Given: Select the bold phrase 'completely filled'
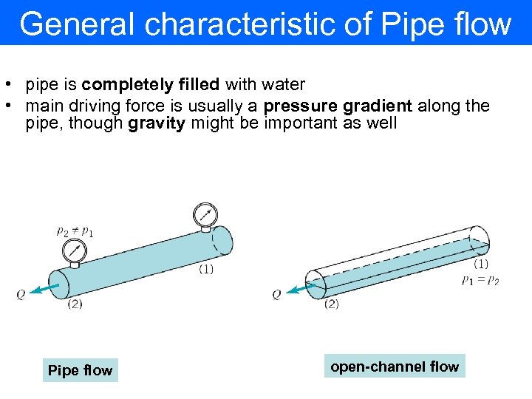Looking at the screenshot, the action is point(151,85).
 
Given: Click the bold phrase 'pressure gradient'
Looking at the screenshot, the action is point(338,106).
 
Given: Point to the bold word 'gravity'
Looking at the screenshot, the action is point(157,123).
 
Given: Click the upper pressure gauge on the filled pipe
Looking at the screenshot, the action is point(205,215).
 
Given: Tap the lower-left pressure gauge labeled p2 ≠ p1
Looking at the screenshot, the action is point(74,251).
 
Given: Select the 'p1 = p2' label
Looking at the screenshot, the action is point(480,280).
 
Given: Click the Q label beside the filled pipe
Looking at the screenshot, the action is point(21,294).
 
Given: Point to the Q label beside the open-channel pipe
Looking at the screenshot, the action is point(276,294).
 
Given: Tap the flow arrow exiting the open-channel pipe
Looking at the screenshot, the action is point(298,289).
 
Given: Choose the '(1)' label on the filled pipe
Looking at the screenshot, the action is point(206,269).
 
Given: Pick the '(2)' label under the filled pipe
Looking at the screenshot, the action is point(75,304).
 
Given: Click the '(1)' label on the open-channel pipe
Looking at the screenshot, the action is point(480,263).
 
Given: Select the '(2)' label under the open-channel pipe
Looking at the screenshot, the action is point(331,304).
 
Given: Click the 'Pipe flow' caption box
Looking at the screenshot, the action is point(80,370).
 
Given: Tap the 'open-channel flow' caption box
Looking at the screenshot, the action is point(395,366).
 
